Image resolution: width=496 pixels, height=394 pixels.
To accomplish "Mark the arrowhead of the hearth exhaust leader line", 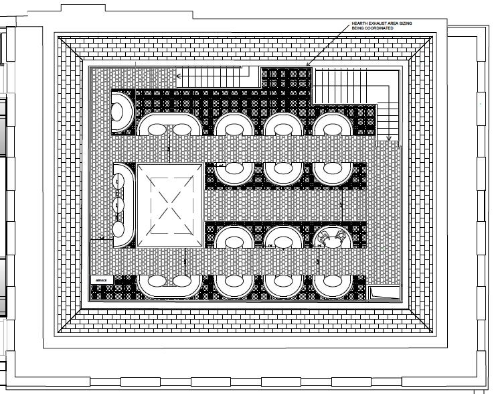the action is [307, 65].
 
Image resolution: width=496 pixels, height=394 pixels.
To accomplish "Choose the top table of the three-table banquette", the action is [121, 180].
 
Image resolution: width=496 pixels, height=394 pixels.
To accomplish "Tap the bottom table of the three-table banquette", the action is [121, 228].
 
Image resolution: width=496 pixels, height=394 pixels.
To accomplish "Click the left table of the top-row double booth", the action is [155, 127].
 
